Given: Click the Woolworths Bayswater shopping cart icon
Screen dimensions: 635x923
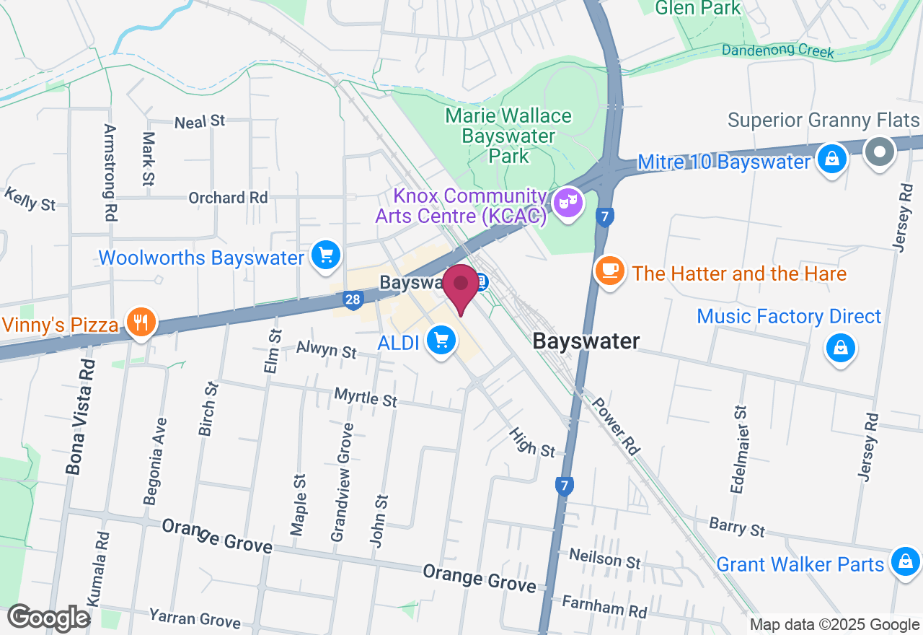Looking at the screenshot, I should point(326,255).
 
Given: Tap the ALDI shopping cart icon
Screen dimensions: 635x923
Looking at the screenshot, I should point(441,339).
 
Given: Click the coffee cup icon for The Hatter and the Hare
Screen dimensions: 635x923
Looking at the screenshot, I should point(610,270).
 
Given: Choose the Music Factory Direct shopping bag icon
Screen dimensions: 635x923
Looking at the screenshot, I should point(840,347).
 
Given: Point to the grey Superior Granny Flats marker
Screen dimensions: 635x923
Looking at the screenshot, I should point(880,152).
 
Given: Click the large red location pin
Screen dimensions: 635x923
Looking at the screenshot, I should point(460,287).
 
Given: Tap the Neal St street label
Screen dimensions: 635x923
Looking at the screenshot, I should point(200,121).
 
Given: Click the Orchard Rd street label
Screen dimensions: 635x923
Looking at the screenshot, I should point(228,197).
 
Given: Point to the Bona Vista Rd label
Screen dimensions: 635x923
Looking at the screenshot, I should point(77,417).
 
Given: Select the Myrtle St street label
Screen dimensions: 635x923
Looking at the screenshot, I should point(366,397).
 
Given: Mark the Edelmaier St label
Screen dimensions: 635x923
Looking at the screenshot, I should point(739,449).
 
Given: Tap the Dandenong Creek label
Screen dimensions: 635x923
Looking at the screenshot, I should point(778,51).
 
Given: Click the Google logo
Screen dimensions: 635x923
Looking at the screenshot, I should point(48,618).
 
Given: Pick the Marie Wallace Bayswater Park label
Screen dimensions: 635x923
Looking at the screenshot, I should point(508,136).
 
